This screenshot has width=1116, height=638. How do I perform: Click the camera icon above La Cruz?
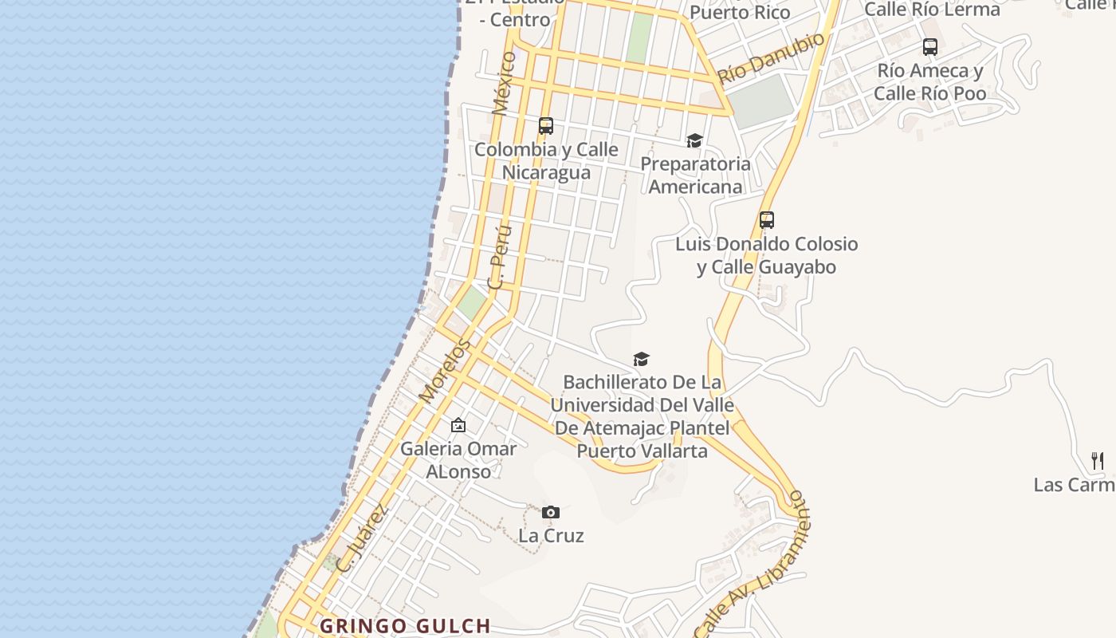550,512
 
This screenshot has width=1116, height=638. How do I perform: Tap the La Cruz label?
551,535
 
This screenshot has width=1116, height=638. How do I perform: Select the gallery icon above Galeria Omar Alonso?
458,425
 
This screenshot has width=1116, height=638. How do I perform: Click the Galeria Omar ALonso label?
458,459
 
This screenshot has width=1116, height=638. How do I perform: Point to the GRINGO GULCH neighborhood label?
405,626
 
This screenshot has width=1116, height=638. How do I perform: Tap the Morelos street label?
444,371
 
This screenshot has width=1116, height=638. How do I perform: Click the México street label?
504,84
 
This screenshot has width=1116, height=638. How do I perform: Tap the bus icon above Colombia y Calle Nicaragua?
546,126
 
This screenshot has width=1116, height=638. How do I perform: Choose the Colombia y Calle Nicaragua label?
546,160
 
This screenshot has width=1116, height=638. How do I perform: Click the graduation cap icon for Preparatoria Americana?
694,141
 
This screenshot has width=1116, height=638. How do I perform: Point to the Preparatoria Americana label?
696,175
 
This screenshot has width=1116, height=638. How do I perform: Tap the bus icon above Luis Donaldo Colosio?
767,220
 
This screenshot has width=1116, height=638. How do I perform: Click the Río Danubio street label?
771,58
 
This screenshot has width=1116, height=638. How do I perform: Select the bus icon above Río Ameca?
930,47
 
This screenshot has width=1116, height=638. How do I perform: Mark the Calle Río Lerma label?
932,10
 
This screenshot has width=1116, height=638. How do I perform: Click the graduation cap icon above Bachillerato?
642,360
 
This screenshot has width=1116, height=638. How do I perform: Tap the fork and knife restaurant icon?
1098,460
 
